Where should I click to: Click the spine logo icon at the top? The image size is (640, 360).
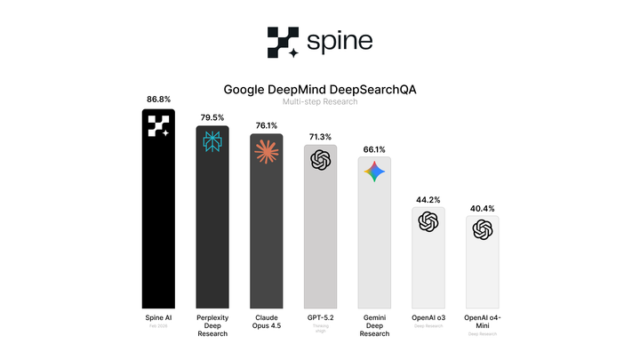[x=284, y=42]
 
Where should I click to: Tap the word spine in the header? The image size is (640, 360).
[x=339, y=41]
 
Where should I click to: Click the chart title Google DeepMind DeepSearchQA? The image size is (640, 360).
[x=319, y=90]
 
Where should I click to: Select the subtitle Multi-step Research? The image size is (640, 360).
[x=319, y=102]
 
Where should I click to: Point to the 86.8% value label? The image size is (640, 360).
[x=158, y=100]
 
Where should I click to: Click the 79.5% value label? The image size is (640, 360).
[x=212, y=116]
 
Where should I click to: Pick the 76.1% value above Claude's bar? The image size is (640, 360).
[x=266, y=124]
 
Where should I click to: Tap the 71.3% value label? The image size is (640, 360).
[x=320, y=136]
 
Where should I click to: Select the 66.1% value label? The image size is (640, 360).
[x=373, y=148]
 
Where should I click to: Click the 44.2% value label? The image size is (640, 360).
[x=428, y=200]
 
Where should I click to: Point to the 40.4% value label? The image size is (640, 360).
[x=482, y=208]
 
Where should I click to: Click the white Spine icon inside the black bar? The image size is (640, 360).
[x=158, y=127]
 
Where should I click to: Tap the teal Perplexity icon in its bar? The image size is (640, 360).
[x=212, y=142]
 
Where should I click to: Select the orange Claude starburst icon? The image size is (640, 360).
[x=266, y=151]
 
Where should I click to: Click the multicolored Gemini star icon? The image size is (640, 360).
[x=373, y=173]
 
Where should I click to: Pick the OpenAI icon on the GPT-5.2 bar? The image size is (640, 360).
[x=320, y=160]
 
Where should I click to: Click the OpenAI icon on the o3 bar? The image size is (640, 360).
[x=428, y=222]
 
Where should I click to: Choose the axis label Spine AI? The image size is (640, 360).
[x=158, y=317]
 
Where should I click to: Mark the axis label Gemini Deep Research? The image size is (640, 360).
[x=373, y=325]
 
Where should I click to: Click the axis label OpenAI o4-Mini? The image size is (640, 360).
[x=482, y=321]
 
